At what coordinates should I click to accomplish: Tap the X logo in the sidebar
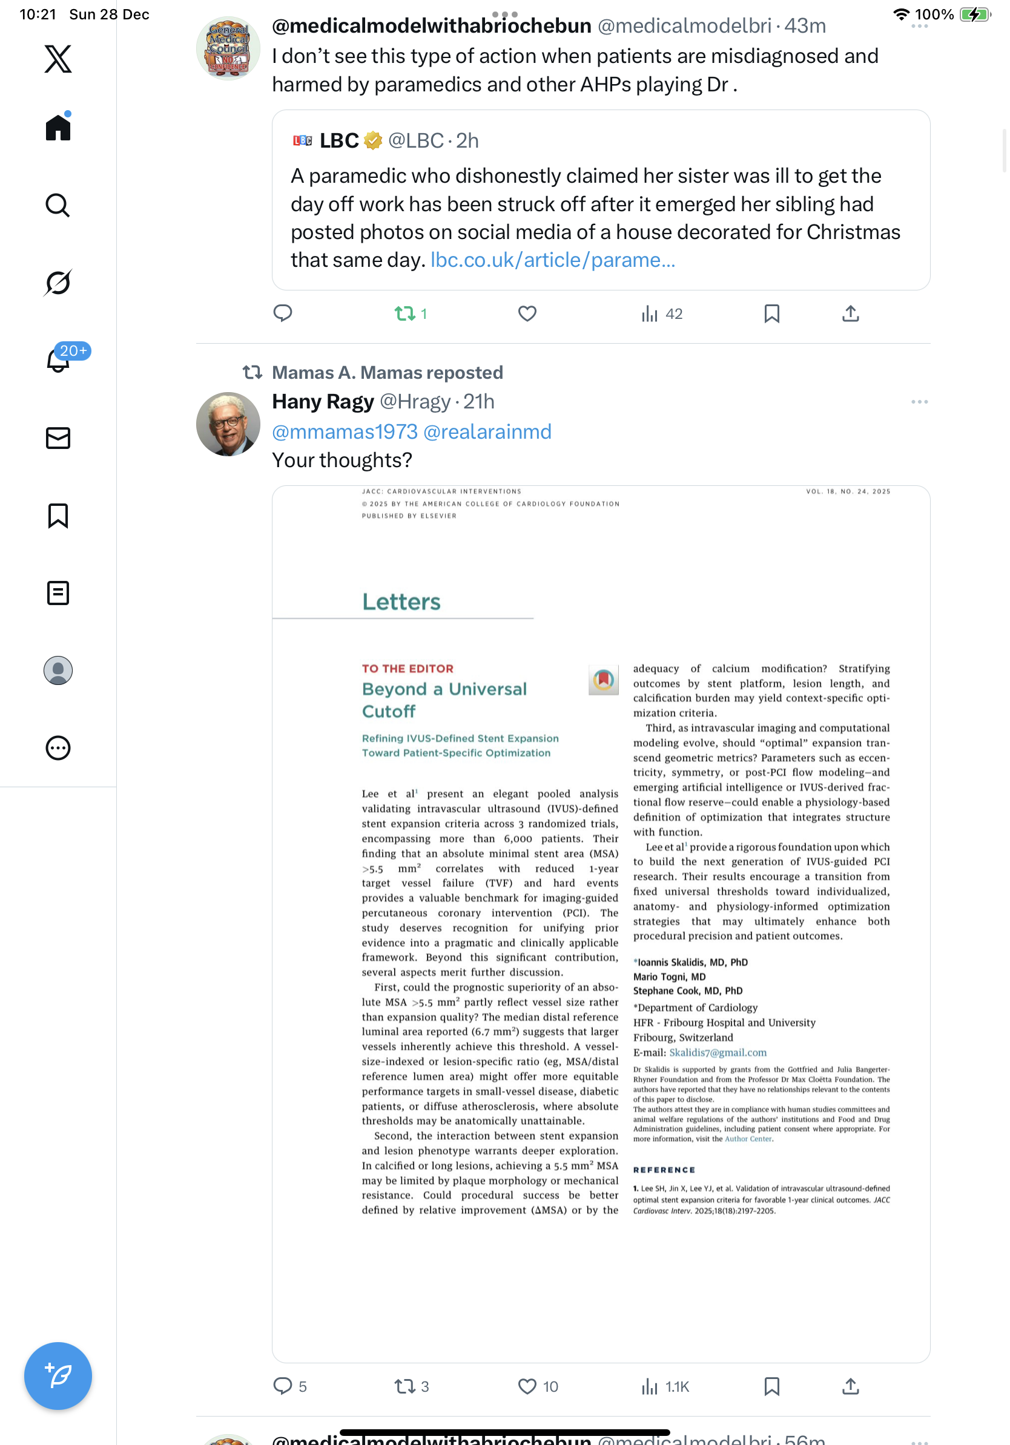pos(58,59)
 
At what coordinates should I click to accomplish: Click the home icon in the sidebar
pos(58,128)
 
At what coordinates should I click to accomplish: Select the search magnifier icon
pos(58,205)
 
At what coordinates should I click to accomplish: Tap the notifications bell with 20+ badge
pos(58,361)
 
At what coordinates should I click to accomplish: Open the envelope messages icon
pos(58,438)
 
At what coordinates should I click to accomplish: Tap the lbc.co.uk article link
pos(552,260)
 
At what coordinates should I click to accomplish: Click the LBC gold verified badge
pos(374,140)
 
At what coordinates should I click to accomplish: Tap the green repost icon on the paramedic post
pos(404,313)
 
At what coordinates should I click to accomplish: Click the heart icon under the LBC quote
pos(527,313)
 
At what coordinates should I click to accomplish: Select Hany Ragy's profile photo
pos(228,424)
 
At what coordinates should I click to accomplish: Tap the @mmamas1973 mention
pos(345,431)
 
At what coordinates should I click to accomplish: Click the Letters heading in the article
pos(401,601)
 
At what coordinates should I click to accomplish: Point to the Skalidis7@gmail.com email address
pos(717,1052)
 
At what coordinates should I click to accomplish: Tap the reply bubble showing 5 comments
pos(283,1386)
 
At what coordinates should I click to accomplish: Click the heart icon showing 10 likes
pos(527,1386)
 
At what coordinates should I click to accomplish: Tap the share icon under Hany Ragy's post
pos(850,1386)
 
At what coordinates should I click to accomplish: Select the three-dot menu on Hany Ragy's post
pos(919,402)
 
